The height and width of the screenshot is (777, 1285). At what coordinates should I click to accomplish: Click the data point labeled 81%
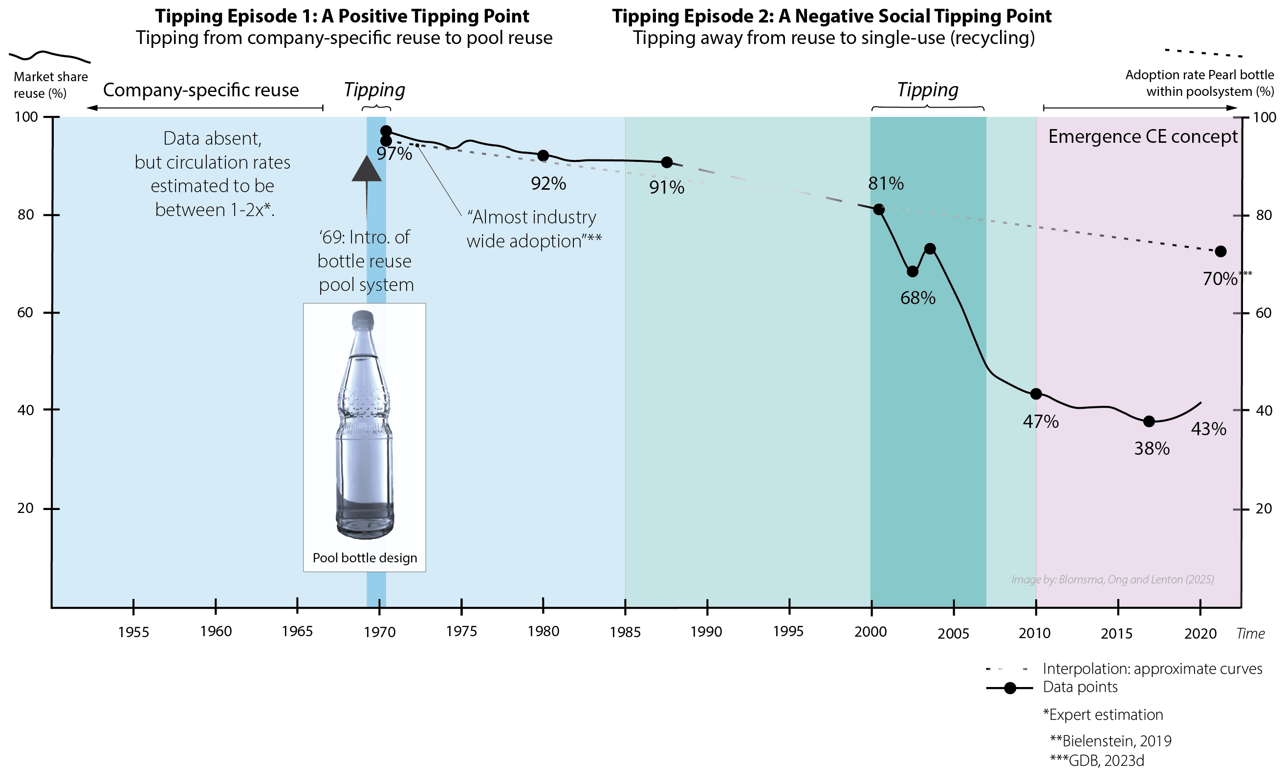(x=879, y=210)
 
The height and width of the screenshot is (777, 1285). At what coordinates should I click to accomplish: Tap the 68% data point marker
(x=912, y=271)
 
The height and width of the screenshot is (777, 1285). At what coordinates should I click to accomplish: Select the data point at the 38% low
(x=1149, y=421)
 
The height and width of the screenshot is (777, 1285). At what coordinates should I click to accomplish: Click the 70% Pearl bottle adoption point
(x=1220, y=251)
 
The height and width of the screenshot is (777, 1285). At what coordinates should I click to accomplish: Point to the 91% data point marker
(x=667, y=162)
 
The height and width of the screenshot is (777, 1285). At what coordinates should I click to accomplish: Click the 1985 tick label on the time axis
(x=625, y=632)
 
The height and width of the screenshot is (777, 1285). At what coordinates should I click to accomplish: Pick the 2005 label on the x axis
(x=953, y=634)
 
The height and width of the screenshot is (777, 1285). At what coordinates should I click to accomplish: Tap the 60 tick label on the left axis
(x=25, y=312)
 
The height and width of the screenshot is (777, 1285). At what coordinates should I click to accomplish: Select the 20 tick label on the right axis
(x=1263, y=508)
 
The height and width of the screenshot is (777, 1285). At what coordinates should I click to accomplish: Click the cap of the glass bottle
(x=363, y=318)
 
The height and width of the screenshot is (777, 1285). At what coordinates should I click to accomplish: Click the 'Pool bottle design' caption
(x=365, y=558)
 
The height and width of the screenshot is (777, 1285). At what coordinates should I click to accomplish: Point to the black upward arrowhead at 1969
(x=366, y=169)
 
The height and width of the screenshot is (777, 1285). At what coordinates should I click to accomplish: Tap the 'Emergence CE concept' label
(x=1143, y=137)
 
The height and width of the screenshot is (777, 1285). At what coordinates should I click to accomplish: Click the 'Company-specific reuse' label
(x=201, y=90)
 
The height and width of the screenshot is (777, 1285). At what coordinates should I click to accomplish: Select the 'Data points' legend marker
(x=1010, y=688)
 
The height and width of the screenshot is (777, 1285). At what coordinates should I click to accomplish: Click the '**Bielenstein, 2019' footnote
(x=1111, y=741)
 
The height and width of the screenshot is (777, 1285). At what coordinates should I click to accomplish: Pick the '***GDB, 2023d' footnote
(x=1097, y=761)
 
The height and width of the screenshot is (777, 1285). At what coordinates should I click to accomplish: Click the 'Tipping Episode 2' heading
(x=831, y=16)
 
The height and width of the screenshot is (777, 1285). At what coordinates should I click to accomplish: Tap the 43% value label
(x=1208, y=429)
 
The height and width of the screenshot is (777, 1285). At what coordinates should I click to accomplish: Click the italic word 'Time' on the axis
(x=1250, y=634)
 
